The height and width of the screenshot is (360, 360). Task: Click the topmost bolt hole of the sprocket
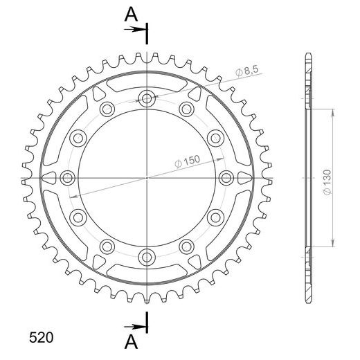point(147,98)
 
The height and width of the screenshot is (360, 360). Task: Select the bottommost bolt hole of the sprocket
point(147,257)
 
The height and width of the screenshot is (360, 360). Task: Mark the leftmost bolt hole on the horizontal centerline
point(67,178)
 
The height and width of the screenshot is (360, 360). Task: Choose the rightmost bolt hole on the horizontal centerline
point(226,178)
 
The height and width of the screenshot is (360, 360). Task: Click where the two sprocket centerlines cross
point(147,178)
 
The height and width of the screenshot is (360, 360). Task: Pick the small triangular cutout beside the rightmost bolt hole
point(244,178)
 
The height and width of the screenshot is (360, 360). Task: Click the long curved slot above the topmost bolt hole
point(147,80)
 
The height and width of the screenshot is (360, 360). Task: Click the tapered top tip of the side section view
point(307,55)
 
